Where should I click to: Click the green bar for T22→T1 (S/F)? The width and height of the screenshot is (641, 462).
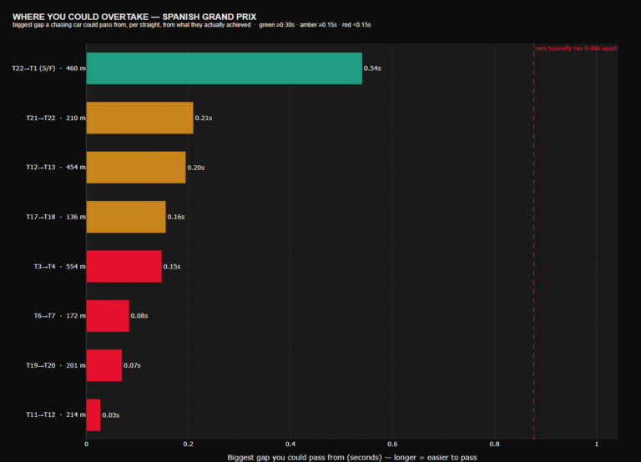point(224,68)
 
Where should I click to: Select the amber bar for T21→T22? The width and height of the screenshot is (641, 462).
point(140,118)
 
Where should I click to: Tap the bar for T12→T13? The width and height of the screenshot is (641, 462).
point(136,168)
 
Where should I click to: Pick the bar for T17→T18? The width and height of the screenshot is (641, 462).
point(126,217)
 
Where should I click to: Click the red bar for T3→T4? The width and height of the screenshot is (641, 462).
point(124,266)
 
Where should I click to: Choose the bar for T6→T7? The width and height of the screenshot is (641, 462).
point(108,316)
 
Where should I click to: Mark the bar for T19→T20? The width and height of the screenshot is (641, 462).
point(103,365)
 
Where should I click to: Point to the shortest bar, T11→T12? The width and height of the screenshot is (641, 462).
point(93,415)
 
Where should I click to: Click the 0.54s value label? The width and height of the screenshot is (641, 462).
point(372,68)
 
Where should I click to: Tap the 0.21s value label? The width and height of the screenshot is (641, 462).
point(204,118)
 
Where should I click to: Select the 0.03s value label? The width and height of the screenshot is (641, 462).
point(111,415)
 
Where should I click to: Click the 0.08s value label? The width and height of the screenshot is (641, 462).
point(139,316)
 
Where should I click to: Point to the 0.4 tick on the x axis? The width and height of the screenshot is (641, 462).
point(290,444)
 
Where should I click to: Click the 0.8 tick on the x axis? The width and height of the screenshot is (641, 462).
point(494,444)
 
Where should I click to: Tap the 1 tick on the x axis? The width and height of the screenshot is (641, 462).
point(597,444)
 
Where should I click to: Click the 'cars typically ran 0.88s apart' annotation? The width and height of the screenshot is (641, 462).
point(576,48)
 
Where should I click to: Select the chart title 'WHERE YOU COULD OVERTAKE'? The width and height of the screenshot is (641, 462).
point(80,17)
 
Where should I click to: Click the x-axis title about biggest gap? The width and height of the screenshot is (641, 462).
point(352,458)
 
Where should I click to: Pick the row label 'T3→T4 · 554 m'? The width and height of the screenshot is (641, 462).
point(60,266)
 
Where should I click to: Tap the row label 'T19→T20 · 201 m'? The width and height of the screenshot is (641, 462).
point(56,365)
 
